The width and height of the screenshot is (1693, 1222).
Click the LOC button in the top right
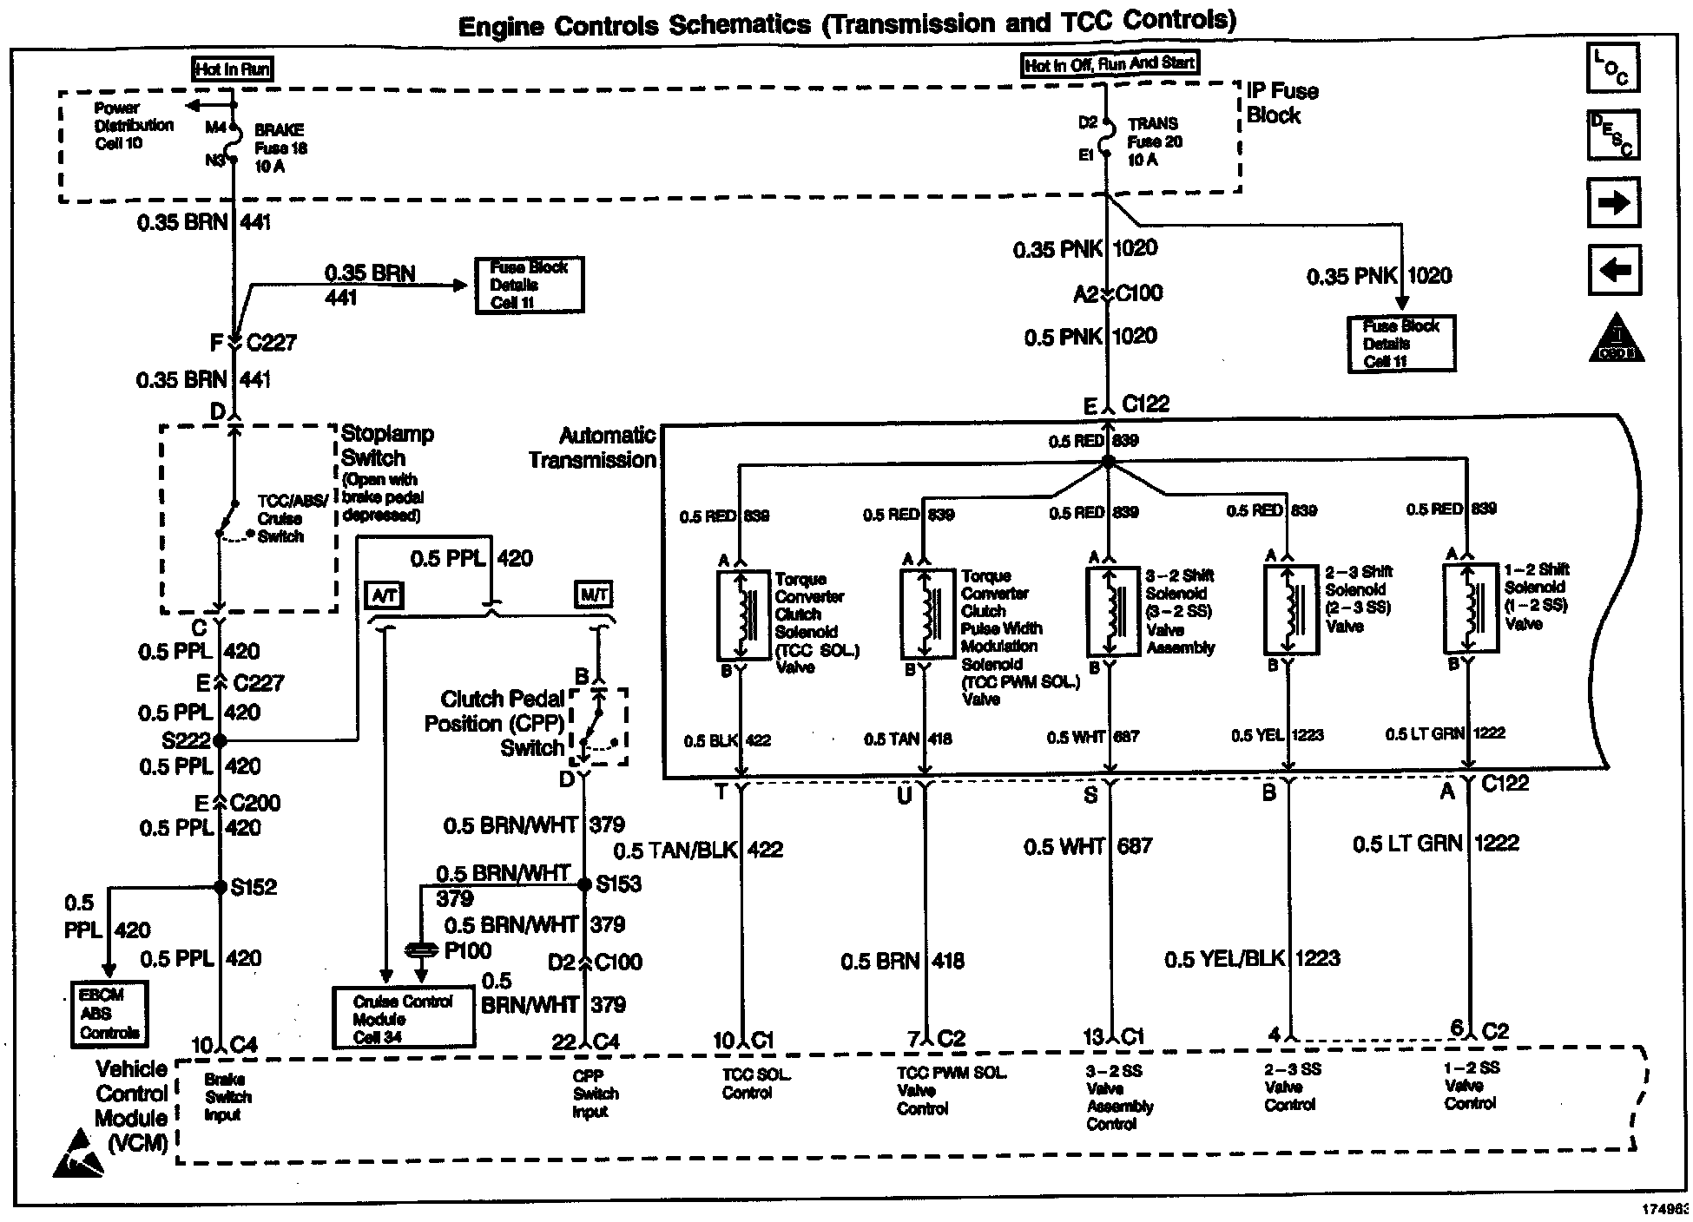[1612, 68]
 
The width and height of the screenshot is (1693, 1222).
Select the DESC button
[1612, 135]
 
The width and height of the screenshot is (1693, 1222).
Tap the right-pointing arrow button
[1612, 203]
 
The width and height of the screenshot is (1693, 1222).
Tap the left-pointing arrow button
[1613, 270]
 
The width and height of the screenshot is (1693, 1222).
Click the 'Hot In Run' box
[233, 69]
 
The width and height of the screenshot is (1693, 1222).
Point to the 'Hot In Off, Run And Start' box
[1110, 64]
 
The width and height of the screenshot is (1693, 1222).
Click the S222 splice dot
[220, 740]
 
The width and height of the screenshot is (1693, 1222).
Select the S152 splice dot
[221, 887]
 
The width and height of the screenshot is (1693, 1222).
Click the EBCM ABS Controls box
[109, 1014]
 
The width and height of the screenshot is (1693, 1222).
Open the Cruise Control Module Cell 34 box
[404, 1018]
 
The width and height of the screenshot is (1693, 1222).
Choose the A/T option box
[383, 595]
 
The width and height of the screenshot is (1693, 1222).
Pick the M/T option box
[594, 595]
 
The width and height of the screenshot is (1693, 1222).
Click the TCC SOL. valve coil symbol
[743, 614]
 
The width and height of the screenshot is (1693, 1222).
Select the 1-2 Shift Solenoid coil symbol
[1470, 608]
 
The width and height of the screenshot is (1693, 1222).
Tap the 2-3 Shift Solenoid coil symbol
[1290, 609]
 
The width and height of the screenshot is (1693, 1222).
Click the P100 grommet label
[467, 951]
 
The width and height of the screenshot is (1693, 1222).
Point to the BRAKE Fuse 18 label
[280, 148]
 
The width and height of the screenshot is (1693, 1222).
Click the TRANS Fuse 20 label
[1154, 141]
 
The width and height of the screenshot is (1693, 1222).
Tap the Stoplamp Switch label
[386, 445]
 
